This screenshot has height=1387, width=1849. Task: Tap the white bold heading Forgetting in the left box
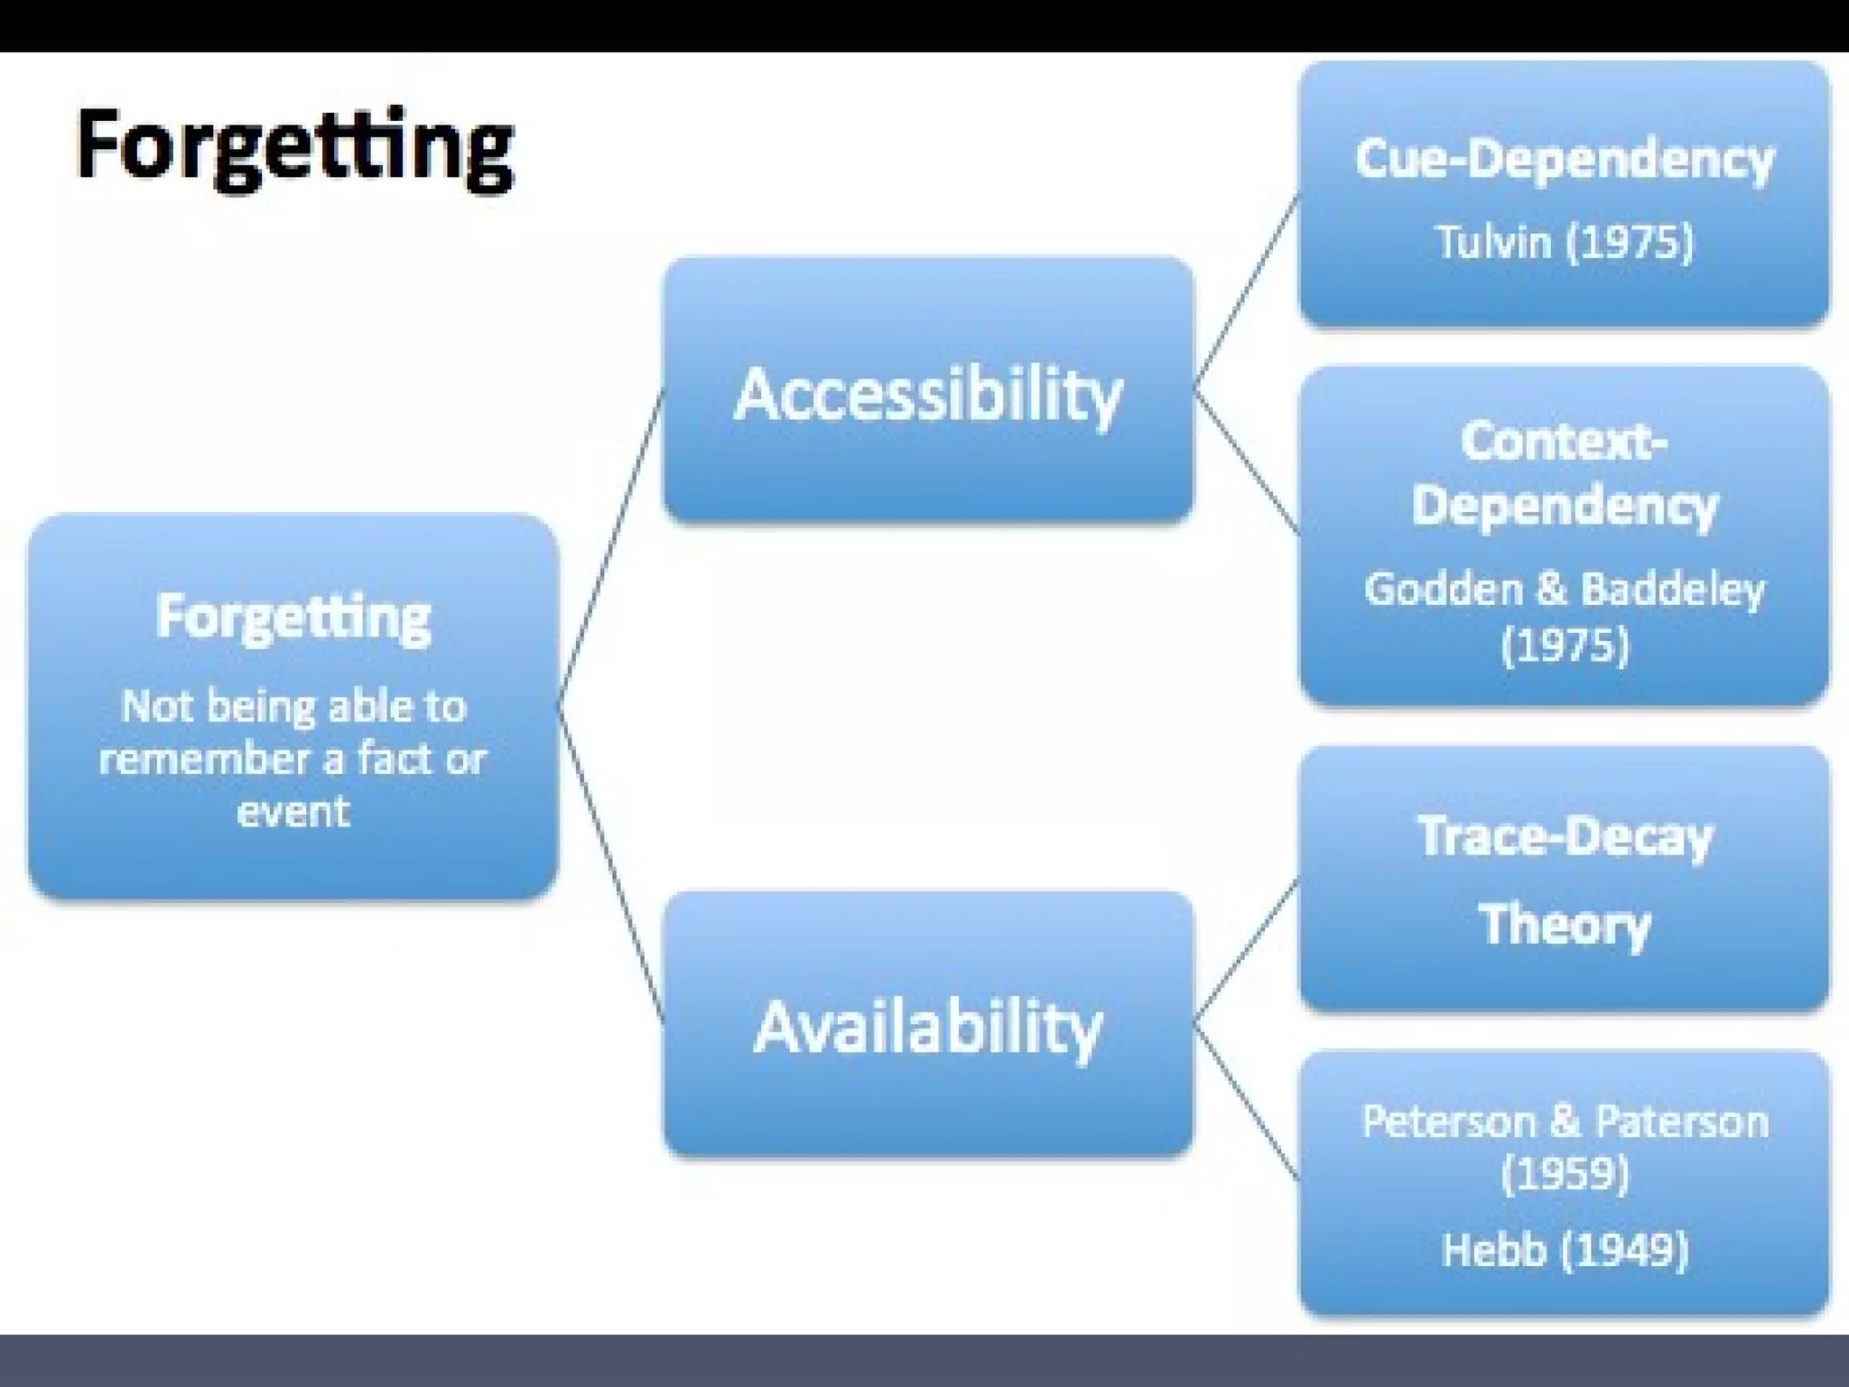(x=293, y=618)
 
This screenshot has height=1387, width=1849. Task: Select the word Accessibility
(x=928, y=396)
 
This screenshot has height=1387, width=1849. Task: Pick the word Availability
(x=928, y=1028)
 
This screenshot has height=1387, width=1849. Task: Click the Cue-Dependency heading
(x=1564, y=159)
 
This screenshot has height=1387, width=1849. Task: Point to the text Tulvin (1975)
(x=1564, y=242)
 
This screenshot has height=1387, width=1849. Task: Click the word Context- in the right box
(x=1564, y=442)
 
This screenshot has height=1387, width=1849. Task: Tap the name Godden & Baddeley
(x=1564, y=589)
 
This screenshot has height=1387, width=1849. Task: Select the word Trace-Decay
(x=1564, y=836)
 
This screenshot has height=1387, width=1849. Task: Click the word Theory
(x=1564, y=925)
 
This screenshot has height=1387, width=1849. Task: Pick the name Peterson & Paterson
(x=1564, y=1122)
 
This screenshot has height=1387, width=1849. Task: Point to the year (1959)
(x=1564, y=1174)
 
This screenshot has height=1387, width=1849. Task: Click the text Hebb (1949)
(x=1564, y=1251)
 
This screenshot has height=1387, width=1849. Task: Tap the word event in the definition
(x=293, y=811)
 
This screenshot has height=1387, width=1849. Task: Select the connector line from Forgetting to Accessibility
(x=611, y=547)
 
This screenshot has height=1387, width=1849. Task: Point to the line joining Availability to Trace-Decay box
(x=1247, y=952)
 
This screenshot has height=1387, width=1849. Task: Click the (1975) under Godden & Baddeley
(x=1564, y=645)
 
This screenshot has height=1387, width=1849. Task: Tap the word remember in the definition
(x=204, y=759)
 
